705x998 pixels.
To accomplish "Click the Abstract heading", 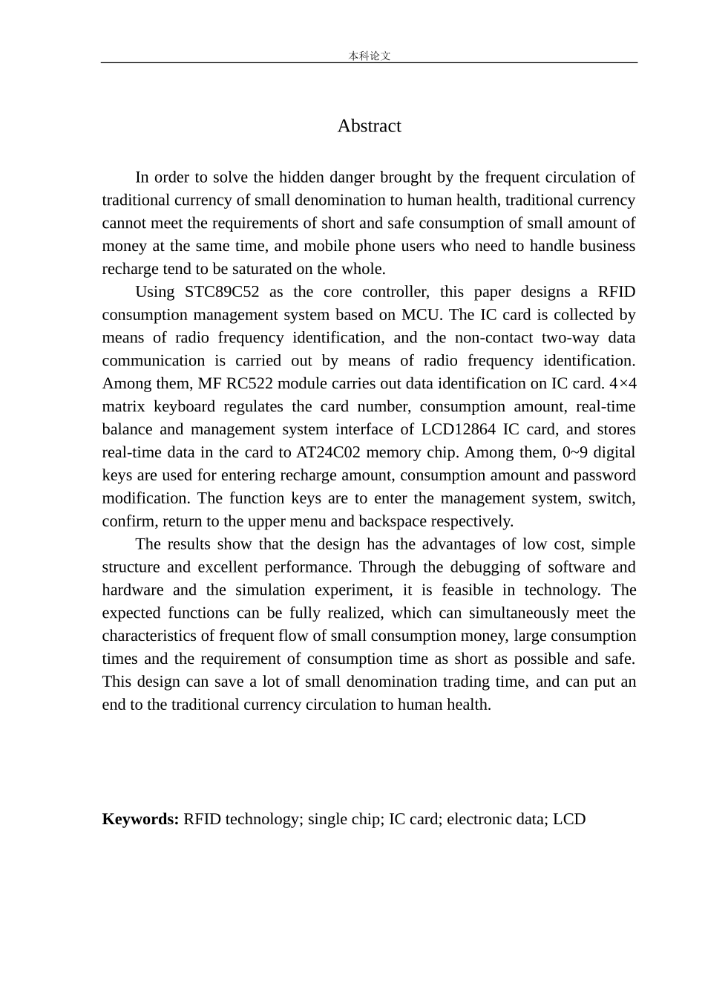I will [x=369, y=126].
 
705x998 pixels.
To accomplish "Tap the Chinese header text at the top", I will [x=369, y=56].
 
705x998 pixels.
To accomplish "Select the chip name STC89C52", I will [x=222, y=292].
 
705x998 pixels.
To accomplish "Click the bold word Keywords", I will [x=140, y=819].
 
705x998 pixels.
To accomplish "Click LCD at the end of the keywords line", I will [x=569, y=819].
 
